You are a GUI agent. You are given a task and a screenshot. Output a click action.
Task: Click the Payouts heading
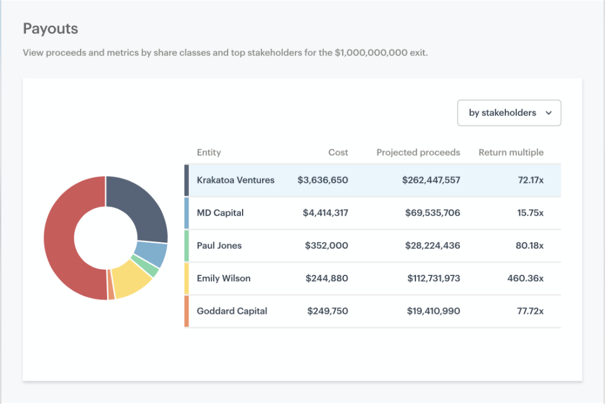[50, 29]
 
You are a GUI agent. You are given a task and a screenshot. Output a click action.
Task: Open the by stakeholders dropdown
[509, 113]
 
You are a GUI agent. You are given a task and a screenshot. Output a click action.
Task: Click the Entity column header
[209, 153]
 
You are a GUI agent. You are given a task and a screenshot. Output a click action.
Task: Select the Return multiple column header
[510, 153]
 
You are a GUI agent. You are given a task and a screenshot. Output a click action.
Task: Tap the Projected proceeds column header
[418, 153]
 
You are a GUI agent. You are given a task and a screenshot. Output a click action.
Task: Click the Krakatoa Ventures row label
[236, 180]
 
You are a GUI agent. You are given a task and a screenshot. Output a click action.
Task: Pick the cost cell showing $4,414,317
[325, 213]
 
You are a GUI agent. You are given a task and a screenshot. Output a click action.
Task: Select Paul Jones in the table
[219, 246]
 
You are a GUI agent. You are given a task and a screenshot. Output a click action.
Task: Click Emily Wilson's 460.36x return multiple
[525, 279]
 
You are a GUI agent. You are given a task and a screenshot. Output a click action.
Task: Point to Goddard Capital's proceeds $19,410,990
[432, 311]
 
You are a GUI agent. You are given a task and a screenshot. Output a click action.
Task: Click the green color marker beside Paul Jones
[187, 246]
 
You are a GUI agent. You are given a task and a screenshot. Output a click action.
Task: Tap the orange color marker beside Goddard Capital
[187, 311]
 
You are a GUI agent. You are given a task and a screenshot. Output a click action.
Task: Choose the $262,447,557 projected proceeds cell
[431, 180]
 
